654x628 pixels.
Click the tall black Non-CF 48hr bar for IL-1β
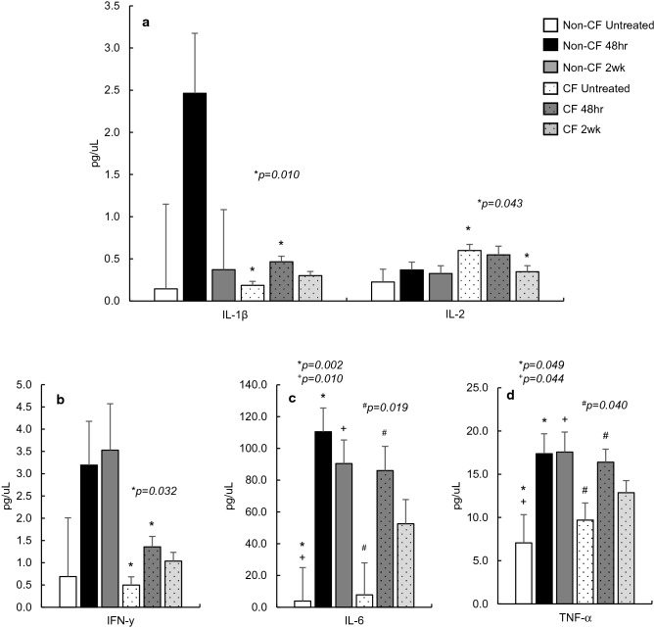point(195,197)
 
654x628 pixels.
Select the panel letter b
point(61,400)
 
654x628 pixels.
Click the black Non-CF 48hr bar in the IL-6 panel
point(322,519)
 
